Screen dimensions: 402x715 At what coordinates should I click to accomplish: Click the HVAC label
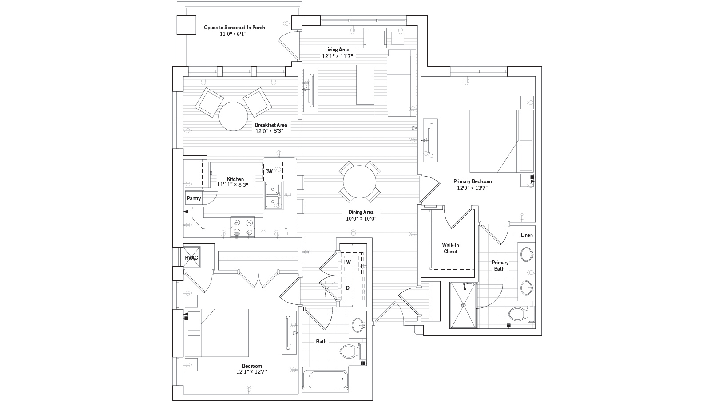click(x=191, y=257)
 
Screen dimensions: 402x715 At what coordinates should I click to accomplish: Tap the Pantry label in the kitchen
click(x=194, y=198)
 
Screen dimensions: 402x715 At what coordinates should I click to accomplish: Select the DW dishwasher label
click(x=269, y=171)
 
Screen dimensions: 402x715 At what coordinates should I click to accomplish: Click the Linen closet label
click(x=527, y=235)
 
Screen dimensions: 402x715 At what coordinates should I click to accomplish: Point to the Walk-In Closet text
click(x=450, y=248)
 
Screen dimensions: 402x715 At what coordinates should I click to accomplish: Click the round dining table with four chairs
click(x=360, y=182)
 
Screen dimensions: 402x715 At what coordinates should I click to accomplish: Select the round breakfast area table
click(x=233, y=117)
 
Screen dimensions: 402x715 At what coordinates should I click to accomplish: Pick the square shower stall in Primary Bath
click(x=463, y=305)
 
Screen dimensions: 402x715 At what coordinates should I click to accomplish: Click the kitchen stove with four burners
click(x=243, y=227)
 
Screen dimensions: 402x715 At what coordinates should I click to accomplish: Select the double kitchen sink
click(x=273, y=195)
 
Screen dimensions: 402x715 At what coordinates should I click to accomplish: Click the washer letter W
click(x=349, y=263)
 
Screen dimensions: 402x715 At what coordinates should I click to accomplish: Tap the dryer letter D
click(x=348, y=288)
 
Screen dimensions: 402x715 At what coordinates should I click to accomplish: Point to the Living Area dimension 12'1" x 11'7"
click(x=337, y=56)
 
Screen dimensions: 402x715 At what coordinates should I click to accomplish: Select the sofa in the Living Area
click(x=401, y=82)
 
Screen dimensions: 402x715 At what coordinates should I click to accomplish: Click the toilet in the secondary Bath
click(x=351, y=352)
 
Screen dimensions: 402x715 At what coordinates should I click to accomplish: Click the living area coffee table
click(x=365, y=84)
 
